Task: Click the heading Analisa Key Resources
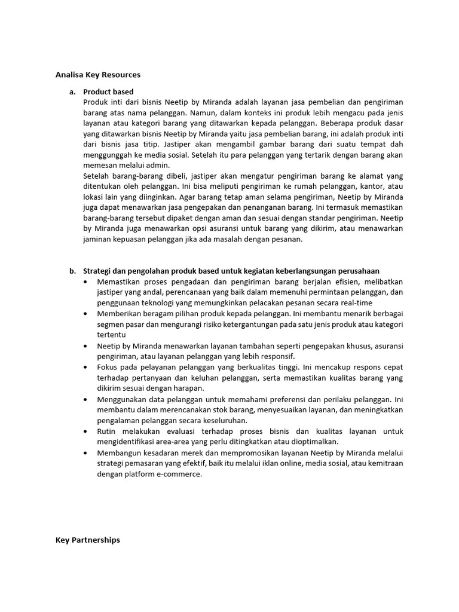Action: [x=98, y=75]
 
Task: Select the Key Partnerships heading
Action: [x=87, y=540]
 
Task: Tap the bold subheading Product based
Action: [x=108, y=91]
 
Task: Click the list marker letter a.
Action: [x=72, y=91]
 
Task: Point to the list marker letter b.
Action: [x=72, y=271]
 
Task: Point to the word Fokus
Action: [x=108, y=367]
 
